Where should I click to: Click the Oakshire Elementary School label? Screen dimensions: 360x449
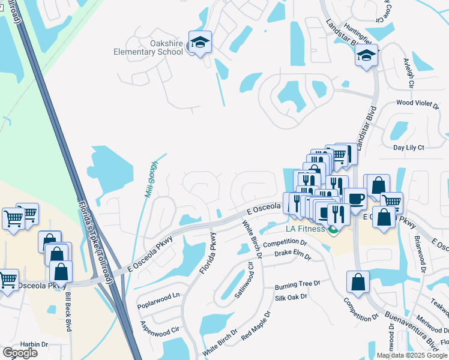(148, 47)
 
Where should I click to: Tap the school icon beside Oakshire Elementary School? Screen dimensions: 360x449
(200, 43)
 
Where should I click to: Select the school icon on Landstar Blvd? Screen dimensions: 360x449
(366, 56)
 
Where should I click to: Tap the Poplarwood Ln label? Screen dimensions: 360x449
(159, 296)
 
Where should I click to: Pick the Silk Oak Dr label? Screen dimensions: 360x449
(291, 297)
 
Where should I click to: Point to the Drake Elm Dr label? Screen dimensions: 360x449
(292, 256)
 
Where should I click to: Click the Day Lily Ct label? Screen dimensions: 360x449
(408, 147)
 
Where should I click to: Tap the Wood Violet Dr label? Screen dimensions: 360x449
(418, 104)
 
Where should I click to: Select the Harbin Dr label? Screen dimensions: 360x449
(33, 344)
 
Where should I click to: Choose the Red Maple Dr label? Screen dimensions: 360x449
(256, 325)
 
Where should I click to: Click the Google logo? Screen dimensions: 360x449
(20, 353)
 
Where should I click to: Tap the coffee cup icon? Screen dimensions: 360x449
(355, 199)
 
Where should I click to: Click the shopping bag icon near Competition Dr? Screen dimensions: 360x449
(358, 282)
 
